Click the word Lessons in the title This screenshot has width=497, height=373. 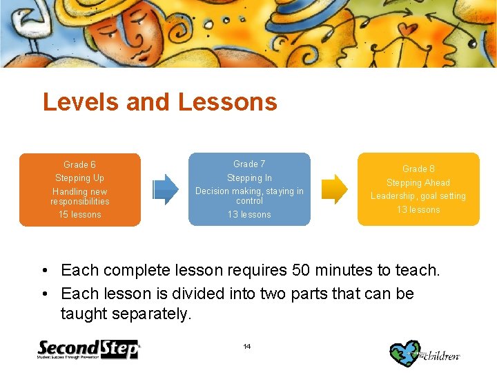227,102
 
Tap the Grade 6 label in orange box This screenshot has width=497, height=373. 79,164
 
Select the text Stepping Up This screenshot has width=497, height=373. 79,178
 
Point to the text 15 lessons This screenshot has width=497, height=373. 79,215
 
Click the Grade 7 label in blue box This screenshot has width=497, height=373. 249,164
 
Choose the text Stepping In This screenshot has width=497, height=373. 249,178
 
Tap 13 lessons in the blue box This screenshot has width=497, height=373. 249,215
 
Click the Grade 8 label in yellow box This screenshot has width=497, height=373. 418,169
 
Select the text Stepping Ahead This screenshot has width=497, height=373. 418,182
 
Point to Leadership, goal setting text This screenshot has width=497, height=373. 418,196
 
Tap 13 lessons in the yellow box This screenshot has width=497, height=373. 418,209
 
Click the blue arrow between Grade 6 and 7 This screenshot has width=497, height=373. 165,189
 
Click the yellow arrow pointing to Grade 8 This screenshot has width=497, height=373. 335,189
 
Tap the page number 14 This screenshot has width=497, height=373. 247,346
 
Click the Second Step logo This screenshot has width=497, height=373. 88,350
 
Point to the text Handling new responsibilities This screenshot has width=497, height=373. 79,196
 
